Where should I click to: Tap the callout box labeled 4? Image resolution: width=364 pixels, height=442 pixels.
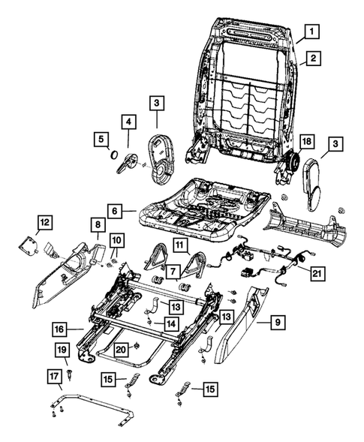pyautogui.click(x=129, y=122)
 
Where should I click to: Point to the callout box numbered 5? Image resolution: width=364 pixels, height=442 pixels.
pyautogui.click(x=101, y=139)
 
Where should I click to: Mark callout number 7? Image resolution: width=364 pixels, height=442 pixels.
pyautogui.click(x=173, y=271)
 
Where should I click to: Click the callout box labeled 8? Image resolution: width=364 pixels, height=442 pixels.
pyautogui.click(x=98, y=224)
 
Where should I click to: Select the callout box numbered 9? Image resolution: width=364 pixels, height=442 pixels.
pyautogui.click(x=278, y=323)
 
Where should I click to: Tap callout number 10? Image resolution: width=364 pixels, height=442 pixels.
pyautogui.click(x=117, y=241)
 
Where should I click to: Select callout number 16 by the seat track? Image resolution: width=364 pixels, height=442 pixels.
pyautogui.click(x=58, y=329)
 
